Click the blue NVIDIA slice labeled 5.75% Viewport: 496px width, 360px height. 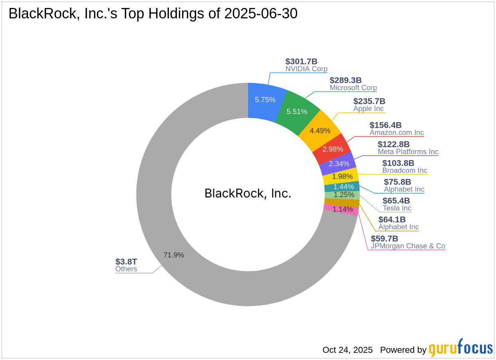click(x=265, y=100)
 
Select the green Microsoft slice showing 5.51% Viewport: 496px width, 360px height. click(x=297, y=111)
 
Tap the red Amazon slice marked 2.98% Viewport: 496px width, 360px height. click(x=333, y=149)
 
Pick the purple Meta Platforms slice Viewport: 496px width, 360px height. click(x=339, y=164)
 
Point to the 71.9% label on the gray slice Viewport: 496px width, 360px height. click(x=174, y=255)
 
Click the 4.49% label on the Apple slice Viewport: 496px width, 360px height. click(x=320, y=131)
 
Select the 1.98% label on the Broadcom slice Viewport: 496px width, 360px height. click(x=342, y=176)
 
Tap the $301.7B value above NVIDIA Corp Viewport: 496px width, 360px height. click(x=301, y=61)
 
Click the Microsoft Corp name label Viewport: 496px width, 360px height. click(x=353, y=88)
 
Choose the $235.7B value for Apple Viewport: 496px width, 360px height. click(x=369, y=101)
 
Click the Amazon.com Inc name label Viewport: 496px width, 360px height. click(x=397, y=133)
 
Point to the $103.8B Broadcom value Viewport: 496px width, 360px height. click(x=398, y=163)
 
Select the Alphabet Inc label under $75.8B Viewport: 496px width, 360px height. click(x=404, y=189)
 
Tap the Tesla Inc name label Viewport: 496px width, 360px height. click(x=397, y=208)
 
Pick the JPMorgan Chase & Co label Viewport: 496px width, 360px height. click(x=408, y=246)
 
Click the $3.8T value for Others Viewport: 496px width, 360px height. click(x=126, y=261)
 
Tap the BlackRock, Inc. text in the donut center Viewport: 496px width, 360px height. click(x=248, y=193)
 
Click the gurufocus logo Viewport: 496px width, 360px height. click(x=460, y=348)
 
